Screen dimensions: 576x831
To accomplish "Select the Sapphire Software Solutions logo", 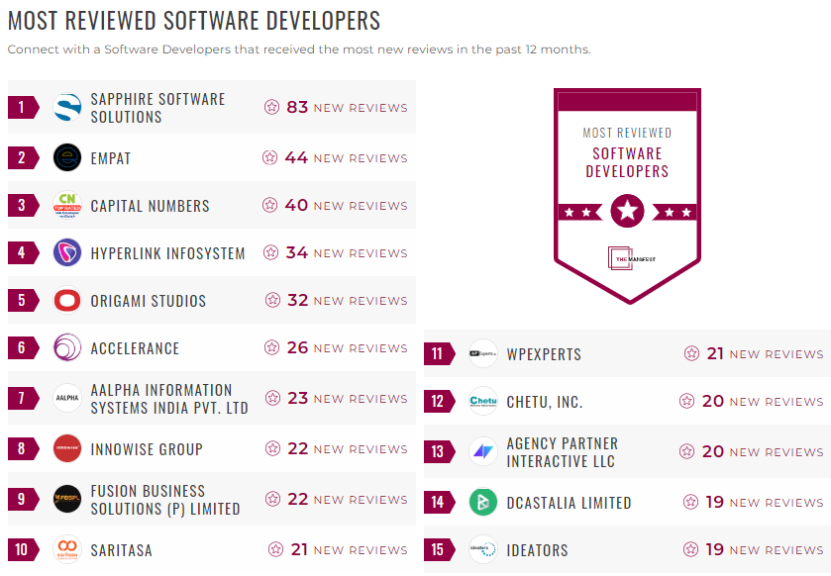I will point(67,107).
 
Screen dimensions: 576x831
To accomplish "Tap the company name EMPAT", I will point(111,158).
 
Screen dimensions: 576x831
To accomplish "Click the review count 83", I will point(297,107).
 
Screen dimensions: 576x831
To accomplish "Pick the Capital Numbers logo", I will point(67,206).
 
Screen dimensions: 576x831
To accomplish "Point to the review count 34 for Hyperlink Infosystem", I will point(297,253).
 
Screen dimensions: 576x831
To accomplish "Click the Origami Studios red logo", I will point(67,301).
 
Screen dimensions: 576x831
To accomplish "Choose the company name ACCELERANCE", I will point(135,348).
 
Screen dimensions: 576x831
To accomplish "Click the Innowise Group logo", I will point(67,448).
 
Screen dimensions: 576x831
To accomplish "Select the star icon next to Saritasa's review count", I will point(276,549).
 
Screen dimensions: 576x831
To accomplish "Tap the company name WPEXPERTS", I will point(544,354).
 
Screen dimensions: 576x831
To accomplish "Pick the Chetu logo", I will point(483,401).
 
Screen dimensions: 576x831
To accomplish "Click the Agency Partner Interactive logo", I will point(483,451).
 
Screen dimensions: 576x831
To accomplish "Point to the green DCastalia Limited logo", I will point(483,502).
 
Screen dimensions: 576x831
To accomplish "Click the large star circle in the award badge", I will point(627,211).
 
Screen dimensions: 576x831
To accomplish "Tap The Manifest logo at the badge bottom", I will point(627,257).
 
